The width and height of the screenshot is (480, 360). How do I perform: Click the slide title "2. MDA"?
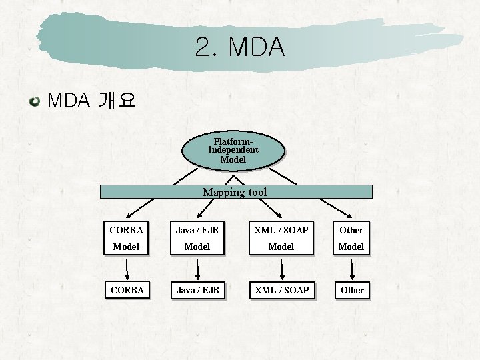[x=240, y=47]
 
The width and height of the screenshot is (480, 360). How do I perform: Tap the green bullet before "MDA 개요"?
[x=34, y=101]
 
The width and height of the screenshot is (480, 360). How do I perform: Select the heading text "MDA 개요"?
[x=91, y=101]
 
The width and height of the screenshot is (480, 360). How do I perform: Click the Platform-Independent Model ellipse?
[x=233, y=151]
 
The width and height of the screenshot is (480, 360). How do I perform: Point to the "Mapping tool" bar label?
[x=235, y=192]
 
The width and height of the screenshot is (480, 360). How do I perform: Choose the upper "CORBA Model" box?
[x=127, y=238]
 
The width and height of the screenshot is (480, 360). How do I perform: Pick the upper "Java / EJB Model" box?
[x=197, y=238]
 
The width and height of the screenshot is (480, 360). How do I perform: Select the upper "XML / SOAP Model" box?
[x=281, y=238]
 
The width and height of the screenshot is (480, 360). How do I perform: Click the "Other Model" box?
[x=351, y=238]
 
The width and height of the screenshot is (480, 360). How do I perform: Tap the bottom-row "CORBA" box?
[x=127, y=290]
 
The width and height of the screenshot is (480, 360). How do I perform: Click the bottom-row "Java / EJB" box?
[x=197, y=290]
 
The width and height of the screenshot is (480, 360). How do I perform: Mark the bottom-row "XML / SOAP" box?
[x=282, y=290]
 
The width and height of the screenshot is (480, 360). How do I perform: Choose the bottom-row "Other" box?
[x=352, y=290]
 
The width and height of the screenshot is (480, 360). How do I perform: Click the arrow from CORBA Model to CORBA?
[x=127, y=269]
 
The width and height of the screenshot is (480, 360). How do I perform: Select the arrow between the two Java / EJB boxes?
[x=197, y=269]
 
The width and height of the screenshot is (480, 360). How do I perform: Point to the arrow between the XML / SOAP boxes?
[x=282, y=269]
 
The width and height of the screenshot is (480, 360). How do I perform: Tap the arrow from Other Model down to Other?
[x=352, y=269]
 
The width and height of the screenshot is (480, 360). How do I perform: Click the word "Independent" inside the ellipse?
[x=233, y=150]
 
